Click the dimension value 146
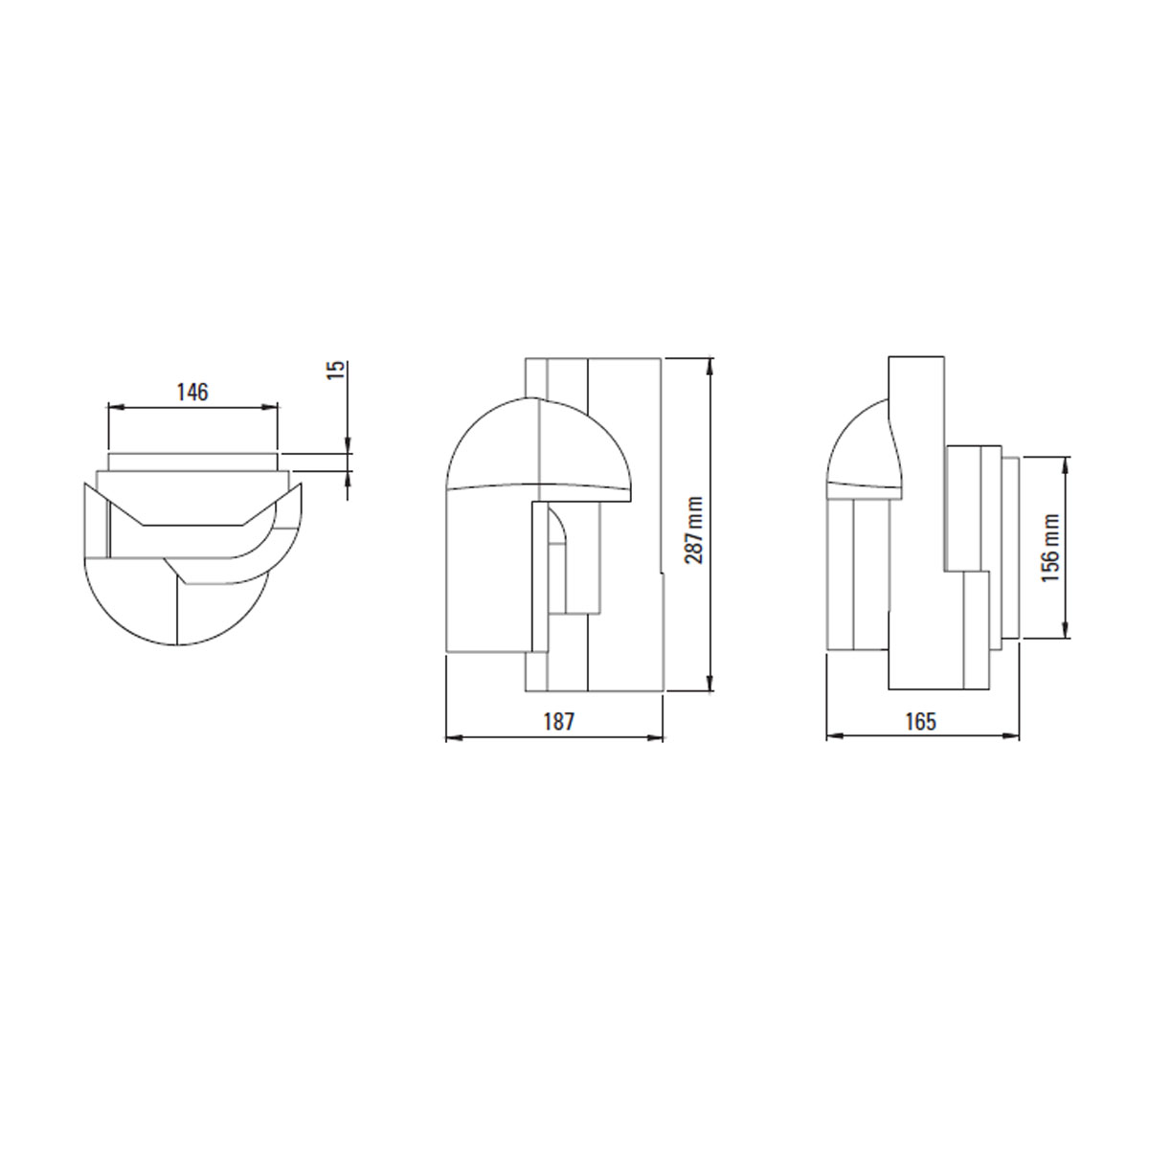192,392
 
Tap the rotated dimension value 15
337,370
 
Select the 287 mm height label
693,530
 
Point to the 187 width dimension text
558,722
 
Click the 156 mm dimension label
1051,549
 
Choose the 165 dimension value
921,722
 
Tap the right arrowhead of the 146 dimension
270,407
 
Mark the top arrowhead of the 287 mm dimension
710,366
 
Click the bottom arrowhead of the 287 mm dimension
710,684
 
